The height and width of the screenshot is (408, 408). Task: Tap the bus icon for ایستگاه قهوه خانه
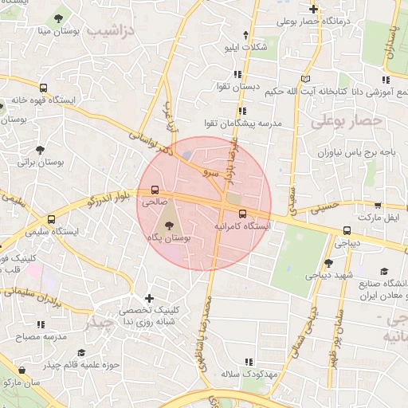[x=43, y=88]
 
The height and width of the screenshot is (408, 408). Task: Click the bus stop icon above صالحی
[x=155, y=191]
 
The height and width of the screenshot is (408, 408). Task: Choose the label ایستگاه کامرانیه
[x=241, y=226]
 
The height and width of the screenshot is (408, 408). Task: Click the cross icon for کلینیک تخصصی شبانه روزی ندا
[x=148, y=297]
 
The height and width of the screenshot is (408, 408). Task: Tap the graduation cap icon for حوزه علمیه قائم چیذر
[x=80, y=353]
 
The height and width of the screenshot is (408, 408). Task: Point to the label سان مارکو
[x=22, y=384]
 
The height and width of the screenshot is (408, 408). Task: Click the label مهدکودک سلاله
[x=249, y=373]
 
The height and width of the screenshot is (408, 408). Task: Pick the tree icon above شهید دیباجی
[x=328, y=263]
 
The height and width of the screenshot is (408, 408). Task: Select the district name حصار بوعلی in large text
[x=347, y=120]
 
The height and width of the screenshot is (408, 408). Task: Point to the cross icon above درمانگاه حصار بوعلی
[x=314, y=10]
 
